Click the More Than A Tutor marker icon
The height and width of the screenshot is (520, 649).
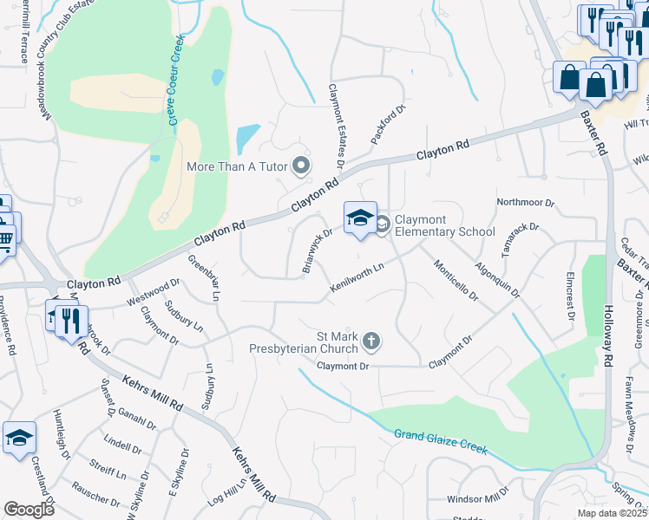(302, 165)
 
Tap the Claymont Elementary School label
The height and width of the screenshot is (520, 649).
(445, 225)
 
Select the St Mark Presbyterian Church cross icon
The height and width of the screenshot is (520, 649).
(371, 341)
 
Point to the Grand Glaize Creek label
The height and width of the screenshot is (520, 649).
(441, 442)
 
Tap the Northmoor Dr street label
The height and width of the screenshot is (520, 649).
(525, 202)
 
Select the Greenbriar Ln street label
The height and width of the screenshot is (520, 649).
(203, 277)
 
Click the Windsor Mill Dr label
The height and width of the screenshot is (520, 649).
(478, 498)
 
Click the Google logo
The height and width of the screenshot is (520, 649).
(29, 510)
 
